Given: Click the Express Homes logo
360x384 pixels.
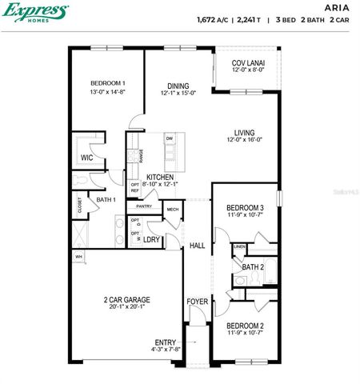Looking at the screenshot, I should pos(34,12).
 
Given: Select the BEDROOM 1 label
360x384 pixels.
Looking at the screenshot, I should pos(107,83).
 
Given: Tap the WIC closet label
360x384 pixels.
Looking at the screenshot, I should pos(86,158).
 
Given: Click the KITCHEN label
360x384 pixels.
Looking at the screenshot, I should pos(160,177).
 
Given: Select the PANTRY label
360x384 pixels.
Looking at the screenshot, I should pos(144,206).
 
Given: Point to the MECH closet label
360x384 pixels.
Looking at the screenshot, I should pos(172,210).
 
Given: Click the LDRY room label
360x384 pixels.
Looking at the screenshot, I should pos(152,239).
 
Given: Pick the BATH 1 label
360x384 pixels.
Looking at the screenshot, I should pos(106,199).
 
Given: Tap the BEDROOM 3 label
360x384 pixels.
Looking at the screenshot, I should pos(245,208).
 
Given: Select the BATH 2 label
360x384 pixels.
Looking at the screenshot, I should pos(253,266).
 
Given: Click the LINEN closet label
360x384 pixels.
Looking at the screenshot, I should pos(240,247).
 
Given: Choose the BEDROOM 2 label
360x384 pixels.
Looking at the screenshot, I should pos(245,326).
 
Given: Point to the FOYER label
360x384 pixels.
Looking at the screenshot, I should pos(198,302).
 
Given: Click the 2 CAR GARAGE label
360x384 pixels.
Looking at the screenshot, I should pos(126,300).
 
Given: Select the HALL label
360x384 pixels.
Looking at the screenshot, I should pos(198,246).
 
